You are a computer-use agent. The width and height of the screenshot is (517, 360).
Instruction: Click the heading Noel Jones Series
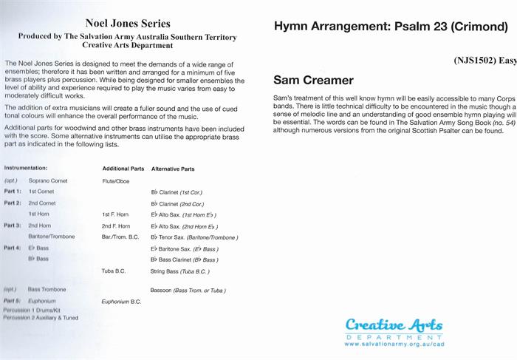(129, 24)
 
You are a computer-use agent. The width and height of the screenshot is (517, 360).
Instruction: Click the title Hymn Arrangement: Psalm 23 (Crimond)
(391, 27)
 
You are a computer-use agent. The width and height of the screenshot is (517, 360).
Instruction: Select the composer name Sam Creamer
(313, 80)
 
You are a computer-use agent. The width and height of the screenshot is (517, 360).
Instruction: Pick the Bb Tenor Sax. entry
(194, 237)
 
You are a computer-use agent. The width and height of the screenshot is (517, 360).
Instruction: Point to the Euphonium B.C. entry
(121, 302)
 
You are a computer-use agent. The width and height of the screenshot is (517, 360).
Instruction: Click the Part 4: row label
(13, 248)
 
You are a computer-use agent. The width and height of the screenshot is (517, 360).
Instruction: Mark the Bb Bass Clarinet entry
(185, 260)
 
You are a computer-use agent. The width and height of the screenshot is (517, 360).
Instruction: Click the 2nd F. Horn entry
(116, 225)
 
